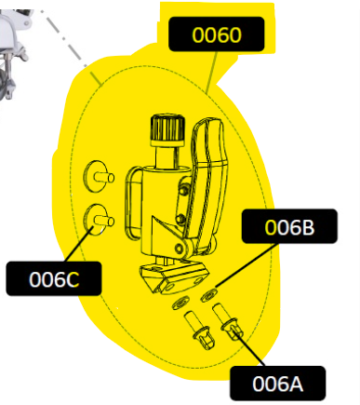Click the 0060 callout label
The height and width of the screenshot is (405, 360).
(x=217, y=34)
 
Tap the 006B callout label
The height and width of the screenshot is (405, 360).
(x=289, y=226)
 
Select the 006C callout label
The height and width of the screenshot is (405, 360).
(x=54, y=278)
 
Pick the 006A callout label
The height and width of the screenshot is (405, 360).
(x=278, y=384)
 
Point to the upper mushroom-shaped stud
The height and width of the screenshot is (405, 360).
(x=99, y=177)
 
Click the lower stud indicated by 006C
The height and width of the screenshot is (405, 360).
(x=99, y=220)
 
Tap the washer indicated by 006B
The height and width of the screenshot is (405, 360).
(x=208, y=295)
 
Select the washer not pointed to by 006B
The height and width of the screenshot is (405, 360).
(x=180, y=303)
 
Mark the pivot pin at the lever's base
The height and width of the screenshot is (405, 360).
(x=179, y=248)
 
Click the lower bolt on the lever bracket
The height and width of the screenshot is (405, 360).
(x=180, y=219)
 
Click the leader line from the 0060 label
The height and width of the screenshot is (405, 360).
(x=212, y=73)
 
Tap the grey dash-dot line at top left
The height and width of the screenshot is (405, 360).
(x=64, y=38)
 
